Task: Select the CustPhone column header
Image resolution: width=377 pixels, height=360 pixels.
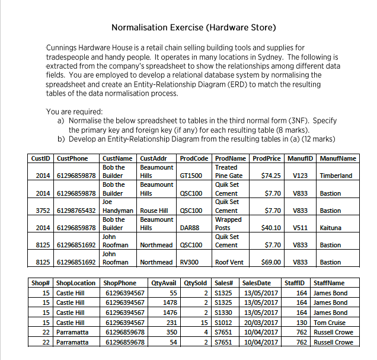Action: point(72,158)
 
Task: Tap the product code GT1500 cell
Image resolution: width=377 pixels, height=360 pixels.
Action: point(191,176)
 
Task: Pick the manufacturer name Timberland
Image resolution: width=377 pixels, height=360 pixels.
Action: point(336,176)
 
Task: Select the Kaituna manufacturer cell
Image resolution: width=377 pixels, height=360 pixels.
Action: point(330,228)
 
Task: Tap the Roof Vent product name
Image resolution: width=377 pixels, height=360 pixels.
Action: point(228,262)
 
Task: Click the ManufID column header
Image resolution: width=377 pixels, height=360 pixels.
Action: point(300,158)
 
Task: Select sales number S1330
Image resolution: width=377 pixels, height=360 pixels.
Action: point(223,313)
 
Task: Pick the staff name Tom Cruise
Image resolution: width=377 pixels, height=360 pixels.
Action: point(333,323)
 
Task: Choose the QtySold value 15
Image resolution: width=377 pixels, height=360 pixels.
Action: point(202,323)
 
